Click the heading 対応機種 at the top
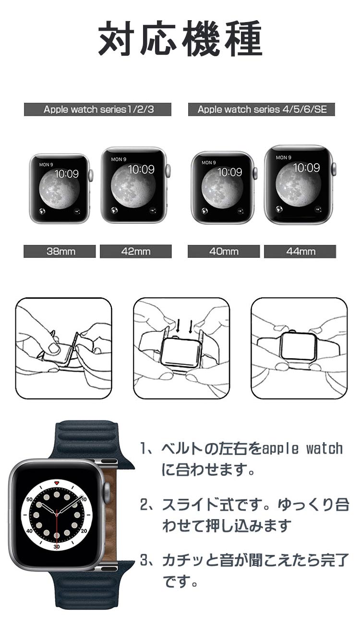(x=180, y=38)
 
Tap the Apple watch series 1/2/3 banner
(x=97, y=109)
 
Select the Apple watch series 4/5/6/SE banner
(x=262, y=109)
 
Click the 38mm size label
(x=60, y=251)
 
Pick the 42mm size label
(x=136, y=251)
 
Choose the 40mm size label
(x=224, y=251)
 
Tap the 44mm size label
(x=300, y=251)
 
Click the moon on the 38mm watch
(x=59, y=191)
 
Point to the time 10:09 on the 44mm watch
(x=307, y=168)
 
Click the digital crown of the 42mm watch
(x=168, y=171)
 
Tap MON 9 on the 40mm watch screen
(x=209, y=163)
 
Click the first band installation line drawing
(x=63, y=348)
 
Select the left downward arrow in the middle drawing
(x=178, y=326)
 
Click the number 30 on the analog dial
(x=57, y=546)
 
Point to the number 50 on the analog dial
(x=29, y=499)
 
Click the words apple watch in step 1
(x=302, y=449)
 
